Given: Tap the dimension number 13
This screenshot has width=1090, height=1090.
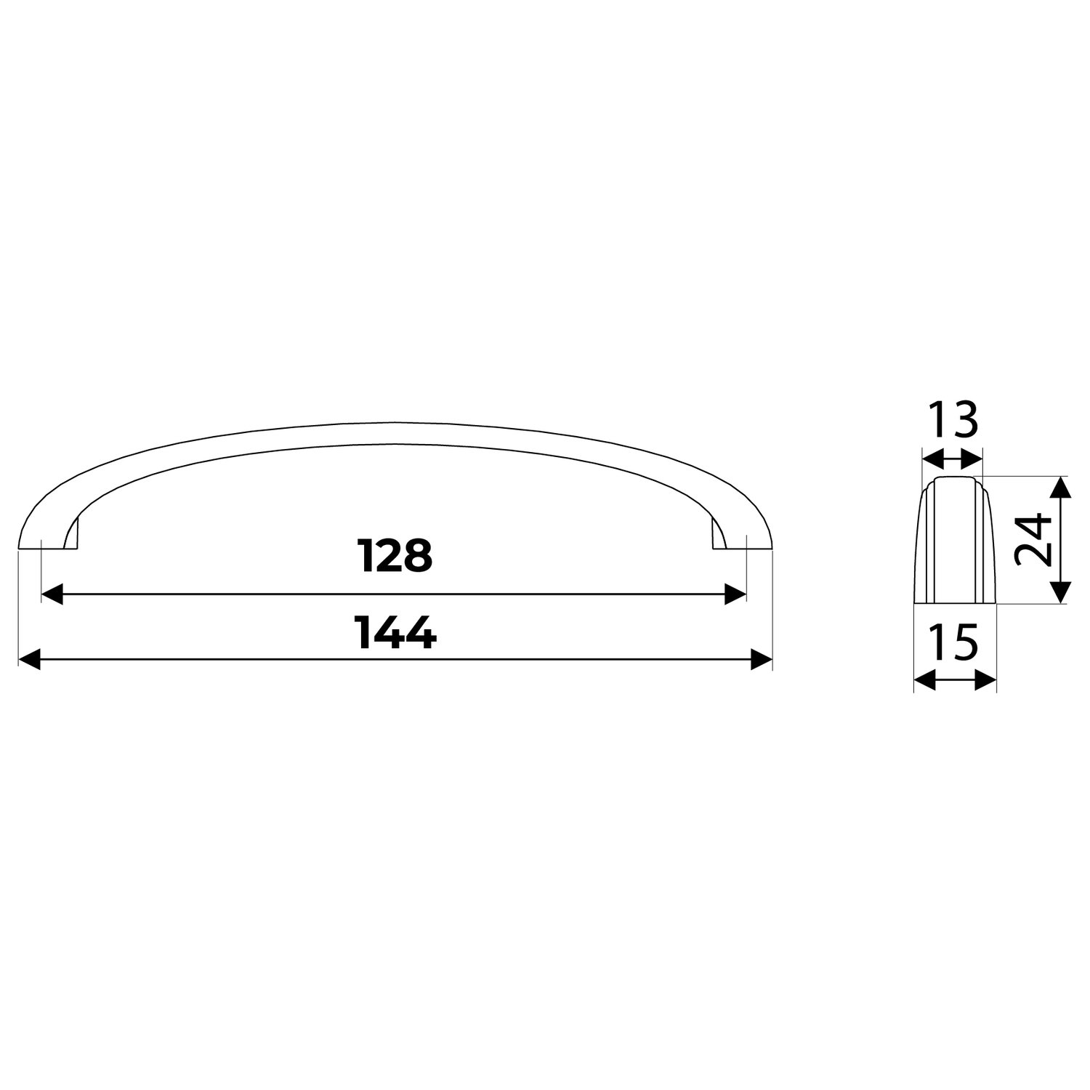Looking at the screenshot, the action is pos(952,422).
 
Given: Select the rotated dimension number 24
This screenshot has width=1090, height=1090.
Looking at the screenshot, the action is pos(1033,539).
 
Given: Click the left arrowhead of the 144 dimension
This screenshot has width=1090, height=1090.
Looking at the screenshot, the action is pos(28,660).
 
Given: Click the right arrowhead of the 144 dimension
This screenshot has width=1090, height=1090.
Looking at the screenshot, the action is pos(762,660).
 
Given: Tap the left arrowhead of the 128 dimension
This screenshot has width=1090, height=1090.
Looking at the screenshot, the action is pos(52,594).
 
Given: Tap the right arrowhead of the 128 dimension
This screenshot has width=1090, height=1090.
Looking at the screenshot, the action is pos(736,594).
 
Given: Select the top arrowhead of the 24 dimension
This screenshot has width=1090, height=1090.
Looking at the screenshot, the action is pos(1062,486).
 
